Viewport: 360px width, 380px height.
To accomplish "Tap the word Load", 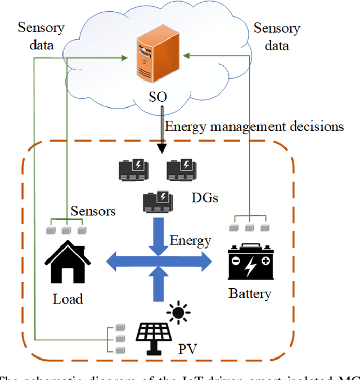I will [68, 298].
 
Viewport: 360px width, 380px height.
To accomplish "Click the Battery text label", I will [250, 293].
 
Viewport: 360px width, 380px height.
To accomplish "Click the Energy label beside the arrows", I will [190, 241].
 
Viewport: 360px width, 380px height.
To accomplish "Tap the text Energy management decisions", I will [253, 126].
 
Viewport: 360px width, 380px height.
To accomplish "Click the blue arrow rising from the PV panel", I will [159, 287].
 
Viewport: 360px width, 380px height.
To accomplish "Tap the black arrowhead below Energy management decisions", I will [162, 148].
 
